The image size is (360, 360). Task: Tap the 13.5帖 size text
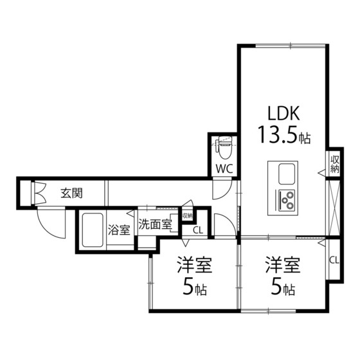point(285,136)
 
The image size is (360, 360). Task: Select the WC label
point(224,168)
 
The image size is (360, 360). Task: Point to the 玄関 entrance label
point(71,192)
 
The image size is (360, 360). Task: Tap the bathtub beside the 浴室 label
point(93,230)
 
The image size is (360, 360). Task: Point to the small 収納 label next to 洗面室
point(187,216)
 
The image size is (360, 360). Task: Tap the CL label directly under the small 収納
point(197,230)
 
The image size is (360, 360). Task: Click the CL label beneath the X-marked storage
point(334,260)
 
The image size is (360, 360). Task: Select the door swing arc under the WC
point(222,188)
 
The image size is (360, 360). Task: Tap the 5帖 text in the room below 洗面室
point(194,289)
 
